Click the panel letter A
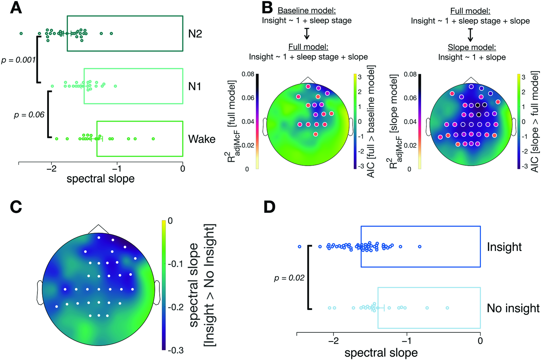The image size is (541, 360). point(16,8)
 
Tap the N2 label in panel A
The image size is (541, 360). point(195,34)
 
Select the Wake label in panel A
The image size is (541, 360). point(202,139)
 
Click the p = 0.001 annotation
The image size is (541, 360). point(19,60)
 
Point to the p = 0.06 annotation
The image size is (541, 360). point(29,115)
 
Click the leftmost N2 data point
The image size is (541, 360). point(21,34)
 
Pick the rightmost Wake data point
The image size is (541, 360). point(153,139)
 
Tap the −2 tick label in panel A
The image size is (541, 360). point(51,169)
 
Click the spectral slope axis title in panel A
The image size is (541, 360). point(100,179)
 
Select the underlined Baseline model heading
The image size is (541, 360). point(306,11)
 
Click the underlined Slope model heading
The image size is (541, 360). point(472,48)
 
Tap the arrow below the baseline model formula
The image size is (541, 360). point(306,34)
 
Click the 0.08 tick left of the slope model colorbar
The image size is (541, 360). point(410,74)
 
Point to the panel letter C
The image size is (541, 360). point(16,207)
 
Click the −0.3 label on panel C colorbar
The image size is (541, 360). point(175,351)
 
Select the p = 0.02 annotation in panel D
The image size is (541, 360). point(289,278)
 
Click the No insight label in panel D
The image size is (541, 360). point(513,308)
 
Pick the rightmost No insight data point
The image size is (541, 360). point(447,308)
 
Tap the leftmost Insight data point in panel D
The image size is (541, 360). point(300,246)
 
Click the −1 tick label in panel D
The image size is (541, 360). point(407,341)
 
